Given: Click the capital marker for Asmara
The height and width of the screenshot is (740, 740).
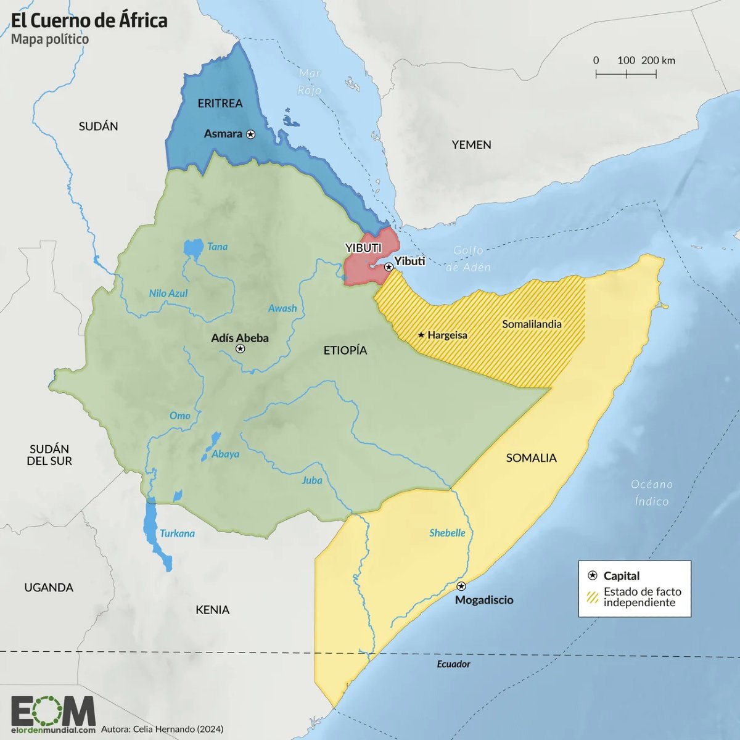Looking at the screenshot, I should tap(250, 134).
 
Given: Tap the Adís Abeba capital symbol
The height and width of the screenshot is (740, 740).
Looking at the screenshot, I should tap(240, 349).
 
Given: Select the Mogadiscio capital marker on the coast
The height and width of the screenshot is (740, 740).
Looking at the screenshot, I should tap(461, 586).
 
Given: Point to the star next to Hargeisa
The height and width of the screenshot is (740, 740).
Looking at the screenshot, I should tap(421, 335).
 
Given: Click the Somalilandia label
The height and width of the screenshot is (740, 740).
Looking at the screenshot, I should tap(532, 324).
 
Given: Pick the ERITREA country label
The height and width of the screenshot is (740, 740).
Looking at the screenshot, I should tap(220, 103).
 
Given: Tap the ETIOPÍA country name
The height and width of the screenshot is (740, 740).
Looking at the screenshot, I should tap(345, 350).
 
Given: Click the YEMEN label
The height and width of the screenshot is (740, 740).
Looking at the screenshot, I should tap(471, 145).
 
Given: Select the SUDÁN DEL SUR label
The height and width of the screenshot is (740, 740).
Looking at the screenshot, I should tap(49, 454).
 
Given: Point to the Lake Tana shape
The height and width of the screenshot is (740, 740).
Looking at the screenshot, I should tap(193, 249).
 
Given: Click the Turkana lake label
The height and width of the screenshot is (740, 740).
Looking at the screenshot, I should tap(177, 533).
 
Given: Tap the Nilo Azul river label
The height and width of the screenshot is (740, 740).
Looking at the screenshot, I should tap(168, 294).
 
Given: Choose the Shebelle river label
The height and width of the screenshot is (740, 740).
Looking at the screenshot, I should tap(447, 533).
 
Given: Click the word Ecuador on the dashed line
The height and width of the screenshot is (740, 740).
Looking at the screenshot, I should tap(453, 664).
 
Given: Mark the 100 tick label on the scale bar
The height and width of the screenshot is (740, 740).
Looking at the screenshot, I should tap(626, 60).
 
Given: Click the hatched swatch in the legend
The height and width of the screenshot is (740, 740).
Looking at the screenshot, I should tap(593, 597).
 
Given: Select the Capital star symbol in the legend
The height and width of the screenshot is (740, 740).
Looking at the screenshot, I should tap(593, 575).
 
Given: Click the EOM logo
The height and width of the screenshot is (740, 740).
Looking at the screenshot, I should tap(53, 712).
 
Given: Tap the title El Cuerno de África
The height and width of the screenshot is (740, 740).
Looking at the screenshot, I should tap(89, 20).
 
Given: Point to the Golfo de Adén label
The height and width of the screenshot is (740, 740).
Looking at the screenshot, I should tap(469, 258).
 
